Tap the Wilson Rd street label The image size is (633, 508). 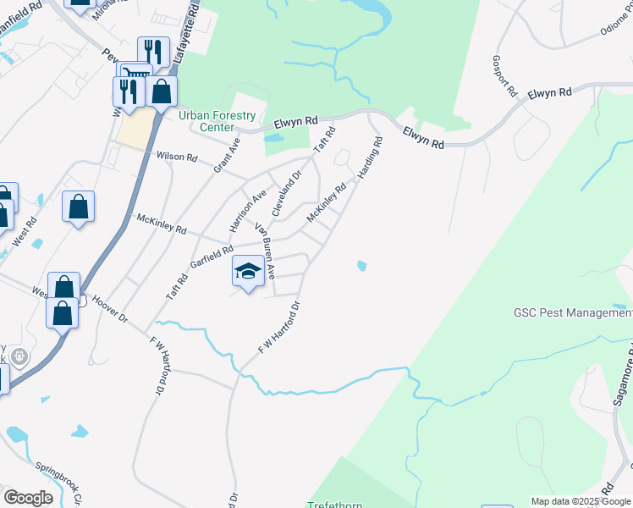[x=177, y=157]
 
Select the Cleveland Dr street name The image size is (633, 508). [x=286, y=194]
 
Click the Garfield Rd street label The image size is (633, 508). [x=211, y=256]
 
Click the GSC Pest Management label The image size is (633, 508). [x=573, y=312]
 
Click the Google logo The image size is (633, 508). [x=28, y=497]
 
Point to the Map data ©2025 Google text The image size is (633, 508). [x=580, y=501]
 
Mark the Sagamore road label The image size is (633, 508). [x=627, y=373]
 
